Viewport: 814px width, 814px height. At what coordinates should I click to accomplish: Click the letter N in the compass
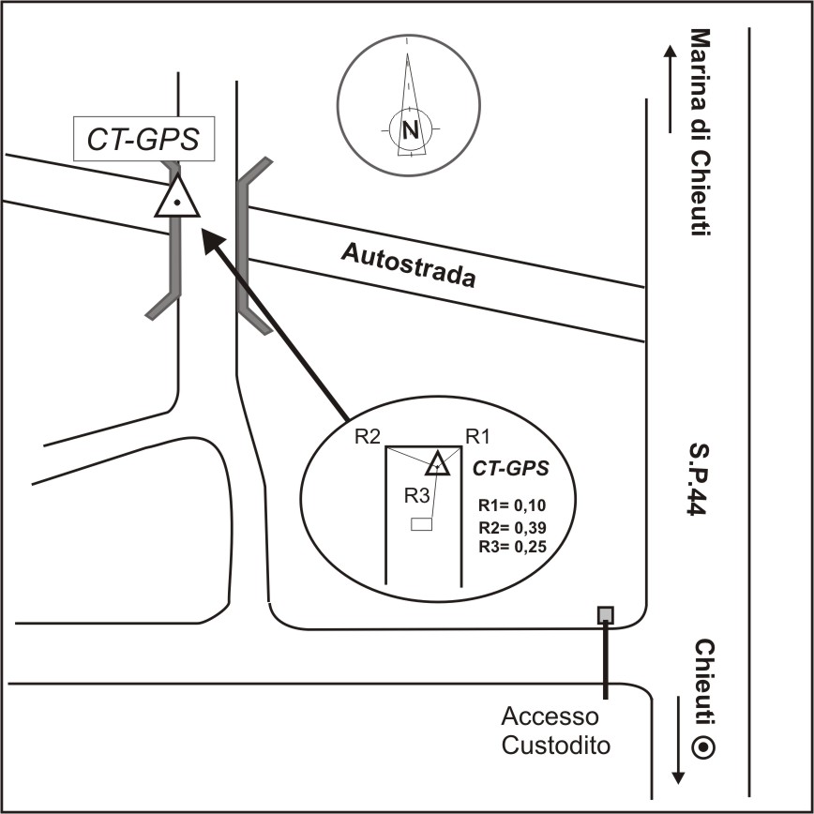point(410,129)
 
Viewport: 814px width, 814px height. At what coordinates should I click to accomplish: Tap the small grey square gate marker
point(606,615)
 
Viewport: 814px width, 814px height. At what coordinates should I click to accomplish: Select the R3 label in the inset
point(417,494)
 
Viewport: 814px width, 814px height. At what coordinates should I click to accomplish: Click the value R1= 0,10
point(511,504)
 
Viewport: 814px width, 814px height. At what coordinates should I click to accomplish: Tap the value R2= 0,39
point(511,526)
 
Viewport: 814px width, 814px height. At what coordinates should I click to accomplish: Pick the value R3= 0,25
point(511,545)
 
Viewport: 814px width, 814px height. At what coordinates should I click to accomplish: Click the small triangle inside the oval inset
point(436,463)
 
